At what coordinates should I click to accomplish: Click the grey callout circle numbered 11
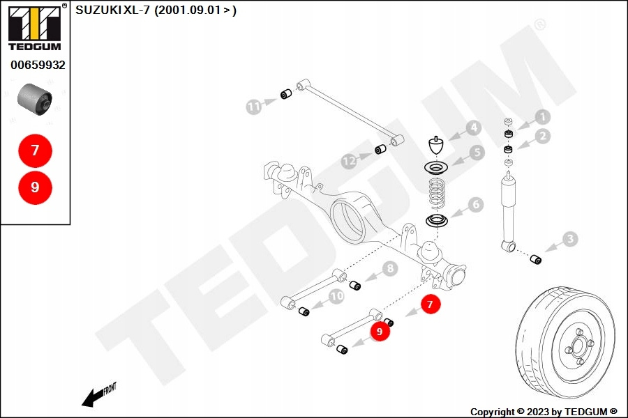click(254, 107)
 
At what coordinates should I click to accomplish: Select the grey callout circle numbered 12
click(349, 161)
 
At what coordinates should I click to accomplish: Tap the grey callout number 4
click(473, 128)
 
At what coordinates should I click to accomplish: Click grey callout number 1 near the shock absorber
click(542, 118)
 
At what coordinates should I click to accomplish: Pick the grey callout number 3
click(570, 240)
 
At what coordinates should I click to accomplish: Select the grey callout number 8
click(389, 268)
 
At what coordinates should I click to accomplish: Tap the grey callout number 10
click(337, 296)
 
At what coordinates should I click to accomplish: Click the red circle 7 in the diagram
click(431, 304)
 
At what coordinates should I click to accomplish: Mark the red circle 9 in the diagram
click(380, 332)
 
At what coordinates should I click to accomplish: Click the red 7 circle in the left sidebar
click(35, 150)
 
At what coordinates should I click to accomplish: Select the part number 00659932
click(38, 65)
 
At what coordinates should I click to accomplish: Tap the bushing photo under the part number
click(34, 98)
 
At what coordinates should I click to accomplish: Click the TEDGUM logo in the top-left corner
click(34, 27)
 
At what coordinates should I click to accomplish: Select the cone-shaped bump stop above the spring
click(437, 147)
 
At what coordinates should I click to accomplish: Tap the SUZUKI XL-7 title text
click(156, 10)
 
